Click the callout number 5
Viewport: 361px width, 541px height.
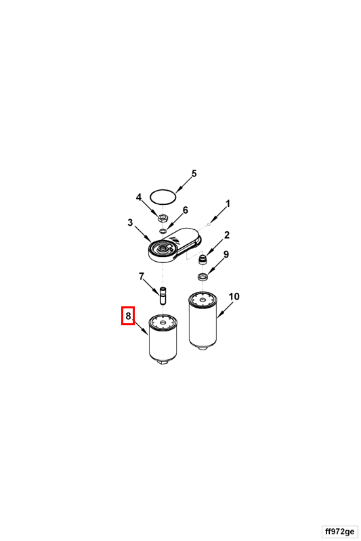tap(194, 174)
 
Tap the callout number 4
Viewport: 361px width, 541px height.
tap(139, 197)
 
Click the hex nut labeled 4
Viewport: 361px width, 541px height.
tap(163, 218)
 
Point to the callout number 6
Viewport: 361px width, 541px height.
tap(186, 210)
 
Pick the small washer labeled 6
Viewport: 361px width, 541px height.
tap(163, 230)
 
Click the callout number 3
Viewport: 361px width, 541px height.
tap(130, 222)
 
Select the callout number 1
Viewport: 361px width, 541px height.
tap(228, 204)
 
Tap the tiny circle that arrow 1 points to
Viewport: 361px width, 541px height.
tap(209, 225)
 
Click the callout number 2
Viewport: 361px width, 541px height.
tap(227, 235)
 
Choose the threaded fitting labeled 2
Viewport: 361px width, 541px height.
tap(204, 259)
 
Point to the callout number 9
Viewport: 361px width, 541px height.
tap(226, 255)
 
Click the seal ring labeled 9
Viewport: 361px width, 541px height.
tap(202, 277)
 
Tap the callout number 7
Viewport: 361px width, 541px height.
tap(142, 277)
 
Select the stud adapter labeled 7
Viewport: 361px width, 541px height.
tap(163, 296)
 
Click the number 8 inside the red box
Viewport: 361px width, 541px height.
tap(128, 316)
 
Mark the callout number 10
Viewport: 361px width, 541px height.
tap(234, 297)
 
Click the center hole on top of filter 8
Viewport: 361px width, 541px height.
tap(163, 322)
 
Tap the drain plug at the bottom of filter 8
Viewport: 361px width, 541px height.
tap(163, 361)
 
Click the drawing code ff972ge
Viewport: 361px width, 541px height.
tap(339, 531)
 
